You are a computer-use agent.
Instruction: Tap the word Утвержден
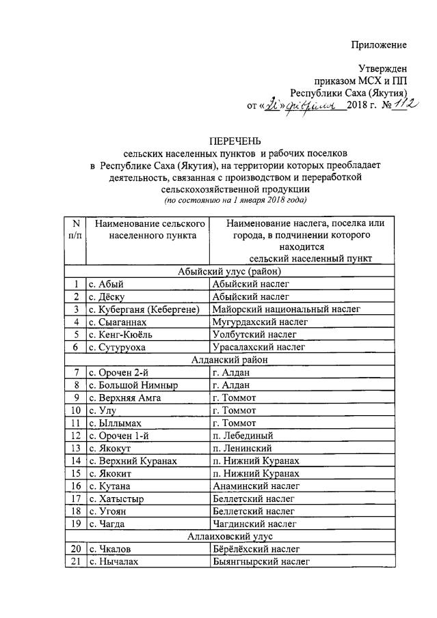pyautogui.click(x=383, y=68)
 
